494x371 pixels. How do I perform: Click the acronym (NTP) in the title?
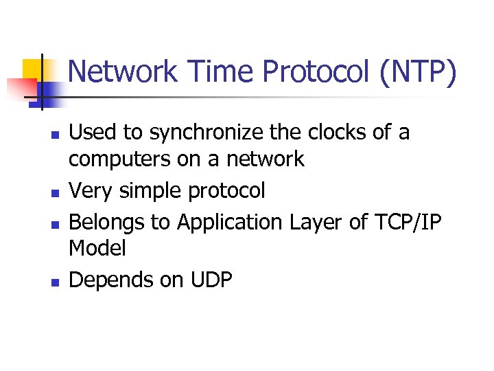coord(416,71)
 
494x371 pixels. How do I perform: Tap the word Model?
coord(97,249)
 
